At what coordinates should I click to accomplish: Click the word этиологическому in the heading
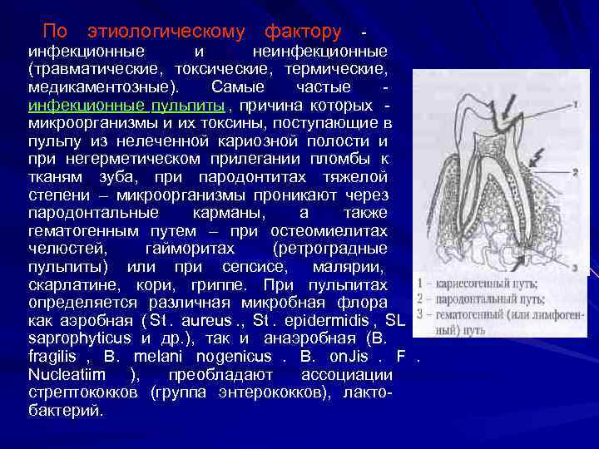coord(166,32)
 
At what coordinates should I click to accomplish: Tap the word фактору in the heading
coord(302,32)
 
